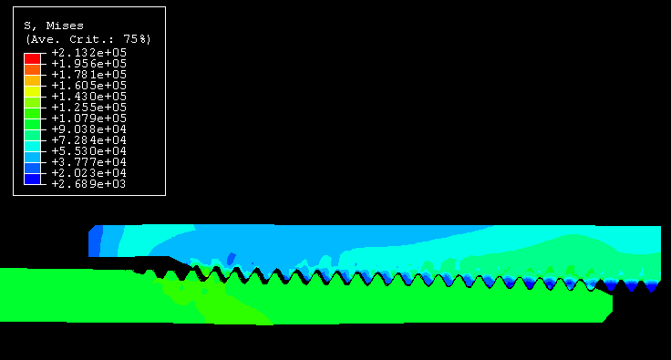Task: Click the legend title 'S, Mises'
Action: pos(54,26)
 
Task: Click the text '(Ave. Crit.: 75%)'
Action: pos(88,39)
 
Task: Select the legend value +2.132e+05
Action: pos(89,53)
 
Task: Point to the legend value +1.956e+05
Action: pos(89,64)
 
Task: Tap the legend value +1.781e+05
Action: pos(89,75)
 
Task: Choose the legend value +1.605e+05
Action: pos(89,86)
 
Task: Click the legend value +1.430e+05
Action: pos(89,97)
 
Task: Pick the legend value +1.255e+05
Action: pos(89,108)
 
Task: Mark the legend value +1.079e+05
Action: pos(89,118)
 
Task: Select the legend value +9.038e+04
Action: pos(89,129)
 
